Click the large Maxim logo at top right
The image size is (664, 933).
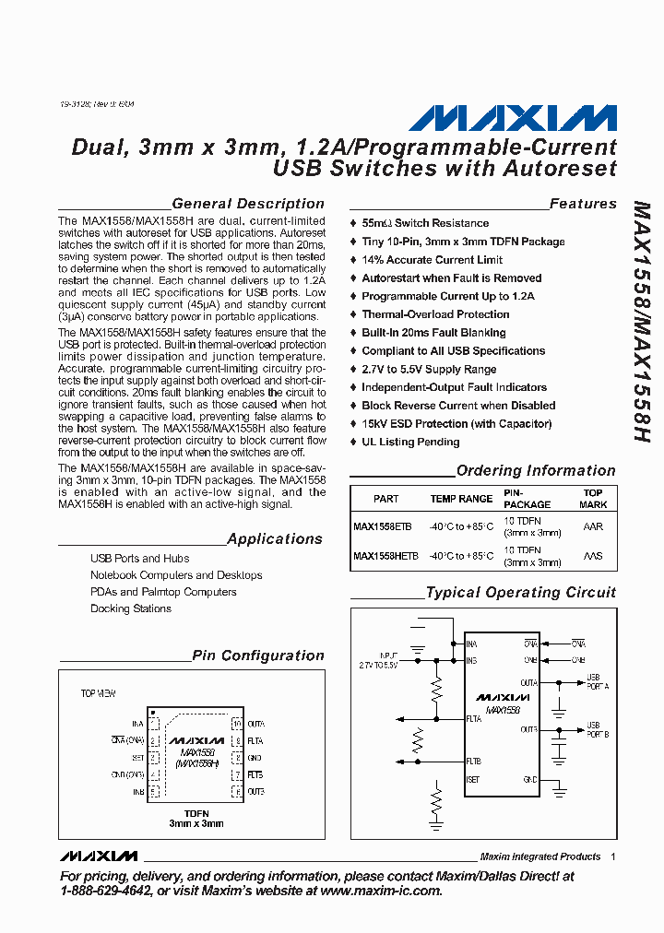(513, 118)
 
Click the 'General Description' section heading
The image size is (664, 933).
(248, 204)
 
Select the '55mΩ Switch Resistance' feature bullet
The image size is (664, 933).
(425, 223)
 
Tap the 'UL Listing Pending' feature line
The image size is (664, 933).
(410, 442)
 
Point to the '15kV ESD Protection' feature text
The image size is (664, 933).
(456, 423)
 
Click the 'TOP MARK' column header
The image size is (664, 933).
(593, 499)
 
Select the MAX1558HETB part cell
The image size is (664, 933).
(385, 556)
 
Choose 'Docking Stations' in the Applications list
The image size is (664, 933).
(131, 608)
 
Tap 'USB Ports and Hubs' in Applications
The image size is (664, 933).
(139, 558)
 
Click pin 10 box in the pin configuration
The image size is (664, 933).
(236, 724)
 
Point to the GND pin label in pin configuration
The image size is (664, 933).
(255, 758)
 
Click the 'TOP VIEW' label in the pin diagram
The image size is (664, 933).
(99, 692)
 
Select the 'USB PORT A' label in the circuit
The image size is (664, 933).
(598, 682)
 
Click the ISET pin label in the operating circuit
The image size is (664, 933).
(472, 780)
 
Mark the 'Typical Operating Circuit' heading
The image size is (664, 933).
(520, 593)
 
